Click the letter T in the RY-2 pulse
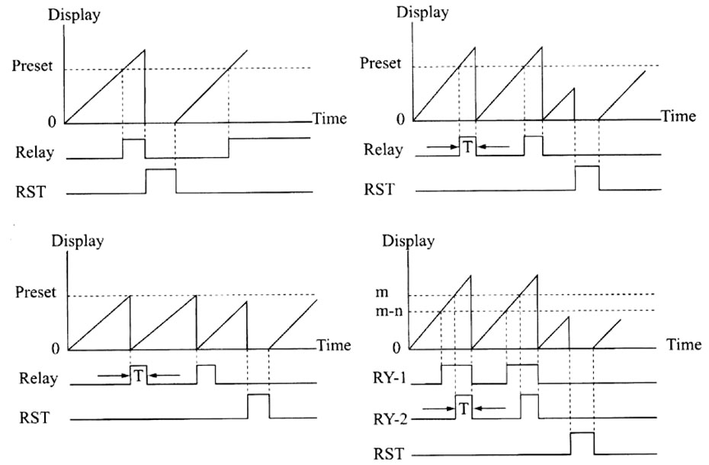pyautogui.click(x=464, y=409)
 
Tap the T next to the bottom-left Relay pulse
pyautogui.click(x=139, y=374)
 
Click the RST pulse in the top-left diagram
pyautogui.click(x=160, y=181)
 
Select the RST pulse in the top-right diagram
pyautogui.click(x=587, y=178)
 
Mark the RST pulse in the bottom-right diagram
pyautogui.click(x=582, y=444)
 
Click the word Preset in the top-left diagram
pyautogui.click(x=32, y=66)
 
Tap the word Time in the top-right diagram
pyautogui.click(x=678, y=117)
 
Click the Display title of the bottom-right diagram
pyautogui.click(x=409, y=241)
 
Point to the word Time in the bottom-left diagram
pyautogui.click(x=334, y=345)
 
